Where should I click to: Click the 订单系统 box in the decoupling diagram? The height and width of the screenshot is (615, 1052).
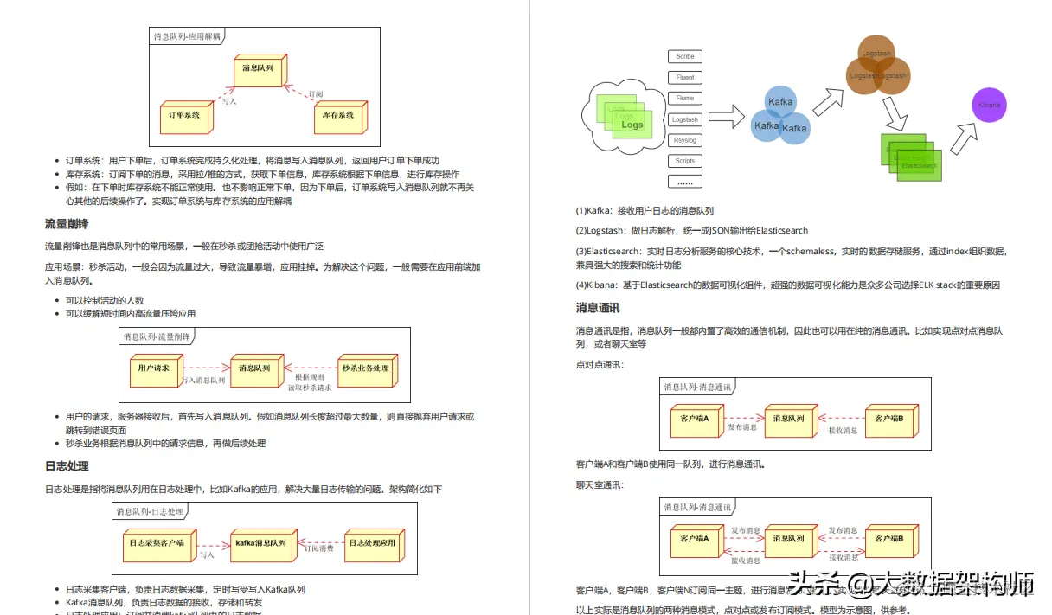point(183,116)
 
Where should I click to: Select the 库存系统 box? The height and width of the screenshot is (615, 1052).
point(337,116)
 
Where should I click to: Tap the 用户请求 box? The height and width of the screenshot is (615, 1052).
point(154,369)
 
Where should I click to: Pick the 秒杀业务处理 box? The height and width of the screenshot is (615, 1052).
point(366,369)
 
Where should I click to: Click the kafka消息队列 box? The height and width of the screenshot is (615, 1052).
point(260,544)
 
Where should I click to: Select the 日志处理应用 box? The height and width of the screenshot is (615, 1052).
point(372,544)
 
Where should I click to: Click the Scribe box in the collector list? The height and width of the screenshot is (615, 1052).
point(684,56)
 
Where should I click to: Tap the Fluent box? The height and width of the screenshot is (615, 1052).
point(684,77)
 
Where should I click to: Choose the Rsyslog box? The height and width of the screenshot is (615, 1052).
point(684,140)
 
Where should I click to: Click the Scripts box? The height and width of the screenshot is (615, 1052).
point(684,161)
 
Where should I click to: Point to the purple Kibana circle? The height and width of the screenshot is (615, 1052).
point(989,105)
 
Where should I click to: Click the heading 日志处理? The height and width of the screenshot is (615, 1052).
point(67,466)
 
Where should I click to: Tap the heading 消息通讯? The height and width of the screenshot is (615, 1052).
point(597,308)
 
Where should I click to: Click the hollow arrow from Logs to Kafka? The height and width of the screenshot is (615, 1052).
point(726,113)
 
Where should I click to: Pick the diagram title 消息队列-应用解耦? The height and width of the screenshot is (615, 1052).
point(187,36)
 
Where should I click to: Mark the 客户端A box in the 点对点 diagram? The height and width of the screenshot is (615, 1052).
point(695,420)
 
